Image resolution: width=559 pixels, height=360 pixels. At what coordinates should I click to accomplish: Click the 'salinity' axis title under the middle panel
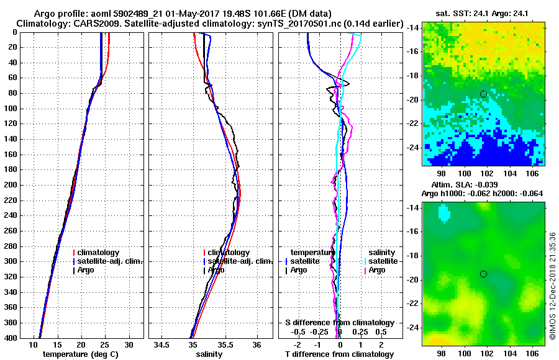pos(209,354)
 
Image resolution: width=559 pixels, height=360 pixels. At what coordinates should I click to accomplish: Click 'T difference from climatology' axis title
pos(340,354)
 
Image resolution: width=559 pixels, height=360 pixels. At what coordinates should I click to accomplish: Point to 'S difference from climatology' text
pos(340,323)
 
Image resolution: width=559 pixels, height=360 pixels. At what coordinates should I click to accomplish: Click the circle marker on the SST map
pos(483,94)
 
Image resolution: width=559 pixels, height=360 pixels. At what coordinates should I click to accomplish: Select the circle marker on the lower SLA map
pos(483,274)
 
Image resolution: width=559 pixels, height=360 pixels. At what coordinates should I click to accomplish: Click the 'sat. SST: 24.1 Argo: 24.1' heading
pos(483,13)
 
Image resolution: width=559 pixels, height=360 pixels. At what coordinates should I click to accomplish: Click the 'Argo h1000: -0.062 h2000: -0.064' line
pos(483,194)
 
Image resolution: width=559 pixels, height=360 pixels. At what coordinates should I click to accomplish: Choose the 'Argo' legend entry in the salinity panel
pos(216,270)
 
